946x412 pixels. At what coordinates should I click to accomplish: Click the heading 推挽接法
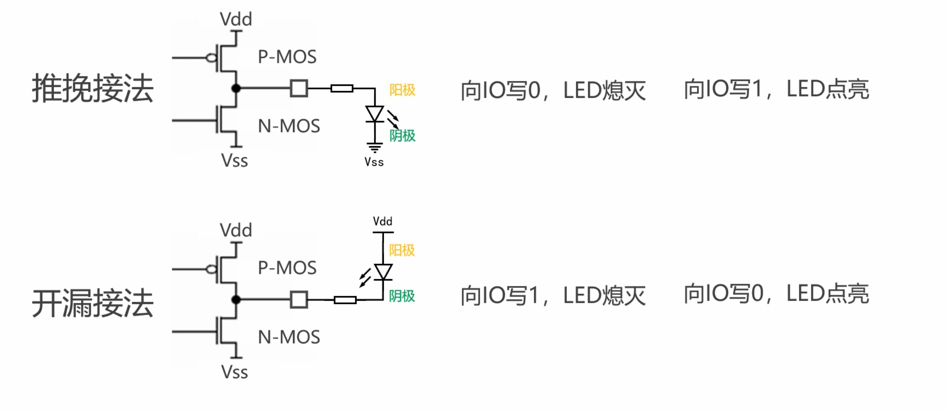click(x=93, y=88)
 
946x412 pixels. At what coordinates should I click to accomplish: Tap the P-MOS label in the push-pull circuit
click(x=287, y=57)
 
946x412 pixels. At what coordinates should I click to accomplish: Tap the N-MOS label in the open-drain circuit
click(x=289, y=337)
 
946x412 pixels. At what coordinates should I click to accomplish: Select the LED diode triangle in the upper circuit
click(x=375, y=114)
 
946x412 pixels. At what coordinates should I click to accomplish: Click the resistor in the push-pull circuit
click(x=342, y=88)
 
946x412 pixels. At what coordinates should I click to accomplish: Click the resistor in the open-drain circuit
click(x=345, y=300)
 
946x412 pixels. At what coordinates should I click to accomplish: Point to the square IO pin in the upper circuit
click(x=299, y=88)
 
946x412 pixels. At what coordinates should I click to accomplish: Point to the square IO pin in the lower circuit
click(x=299, y=300)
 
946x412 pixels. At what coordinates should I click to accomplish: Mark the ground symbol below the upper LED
click(x=375, y=148)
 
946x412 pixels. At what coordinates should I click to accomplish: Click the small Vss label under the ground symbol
click(x=374, y=162)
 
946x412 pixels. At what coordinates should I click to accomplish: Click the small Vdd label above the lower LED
click(x=382, y=222)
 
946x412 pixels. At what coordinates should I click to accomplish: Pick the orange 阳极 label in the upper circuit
click(x=402, y=90)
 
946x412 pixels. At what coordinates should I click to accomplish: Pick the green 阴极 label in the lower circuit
click(x=402, y=296)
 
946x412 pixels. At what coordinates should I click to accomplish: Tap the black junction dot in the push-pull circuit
click(x=236, y=88)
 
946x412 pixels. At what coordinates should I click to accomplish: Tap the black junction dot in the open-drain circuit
click(x=236, y=300)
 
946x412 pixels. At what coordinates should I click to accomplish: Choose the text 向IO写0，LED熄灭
click(x=553, y=91)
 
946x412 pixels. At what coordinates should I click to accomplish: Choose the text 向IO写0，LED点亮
click(x=776, y=294)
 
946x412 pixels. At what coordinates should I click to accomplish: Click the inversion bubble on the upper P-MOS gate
click(x=211, y=58)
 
